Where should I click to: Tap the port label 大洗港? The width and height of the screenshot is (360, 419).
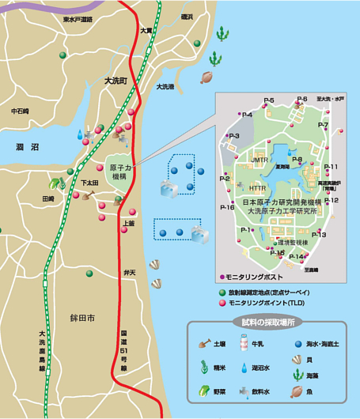[165, 87]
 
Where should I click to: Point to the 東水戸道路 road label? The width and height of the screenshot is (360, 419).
[77, 17]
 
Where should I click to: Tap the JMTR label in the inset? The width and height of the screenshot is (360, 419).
[261, 160]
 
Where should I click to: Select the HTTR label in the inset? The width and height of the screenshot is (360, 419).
[257, 189]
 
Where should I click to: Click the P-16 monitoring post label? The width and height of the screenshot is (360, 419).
[227, 208]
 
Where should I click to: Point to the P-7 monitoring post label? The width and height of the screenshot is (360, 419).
[323, 125]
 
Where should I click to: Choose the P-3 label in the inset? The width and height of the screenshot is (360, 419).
[233, 136]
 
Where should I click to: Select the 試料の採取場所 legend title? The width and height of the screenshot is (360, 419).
[268, 323]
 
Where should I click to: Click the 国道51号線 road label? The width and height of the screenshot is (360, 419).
[124, 353]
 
